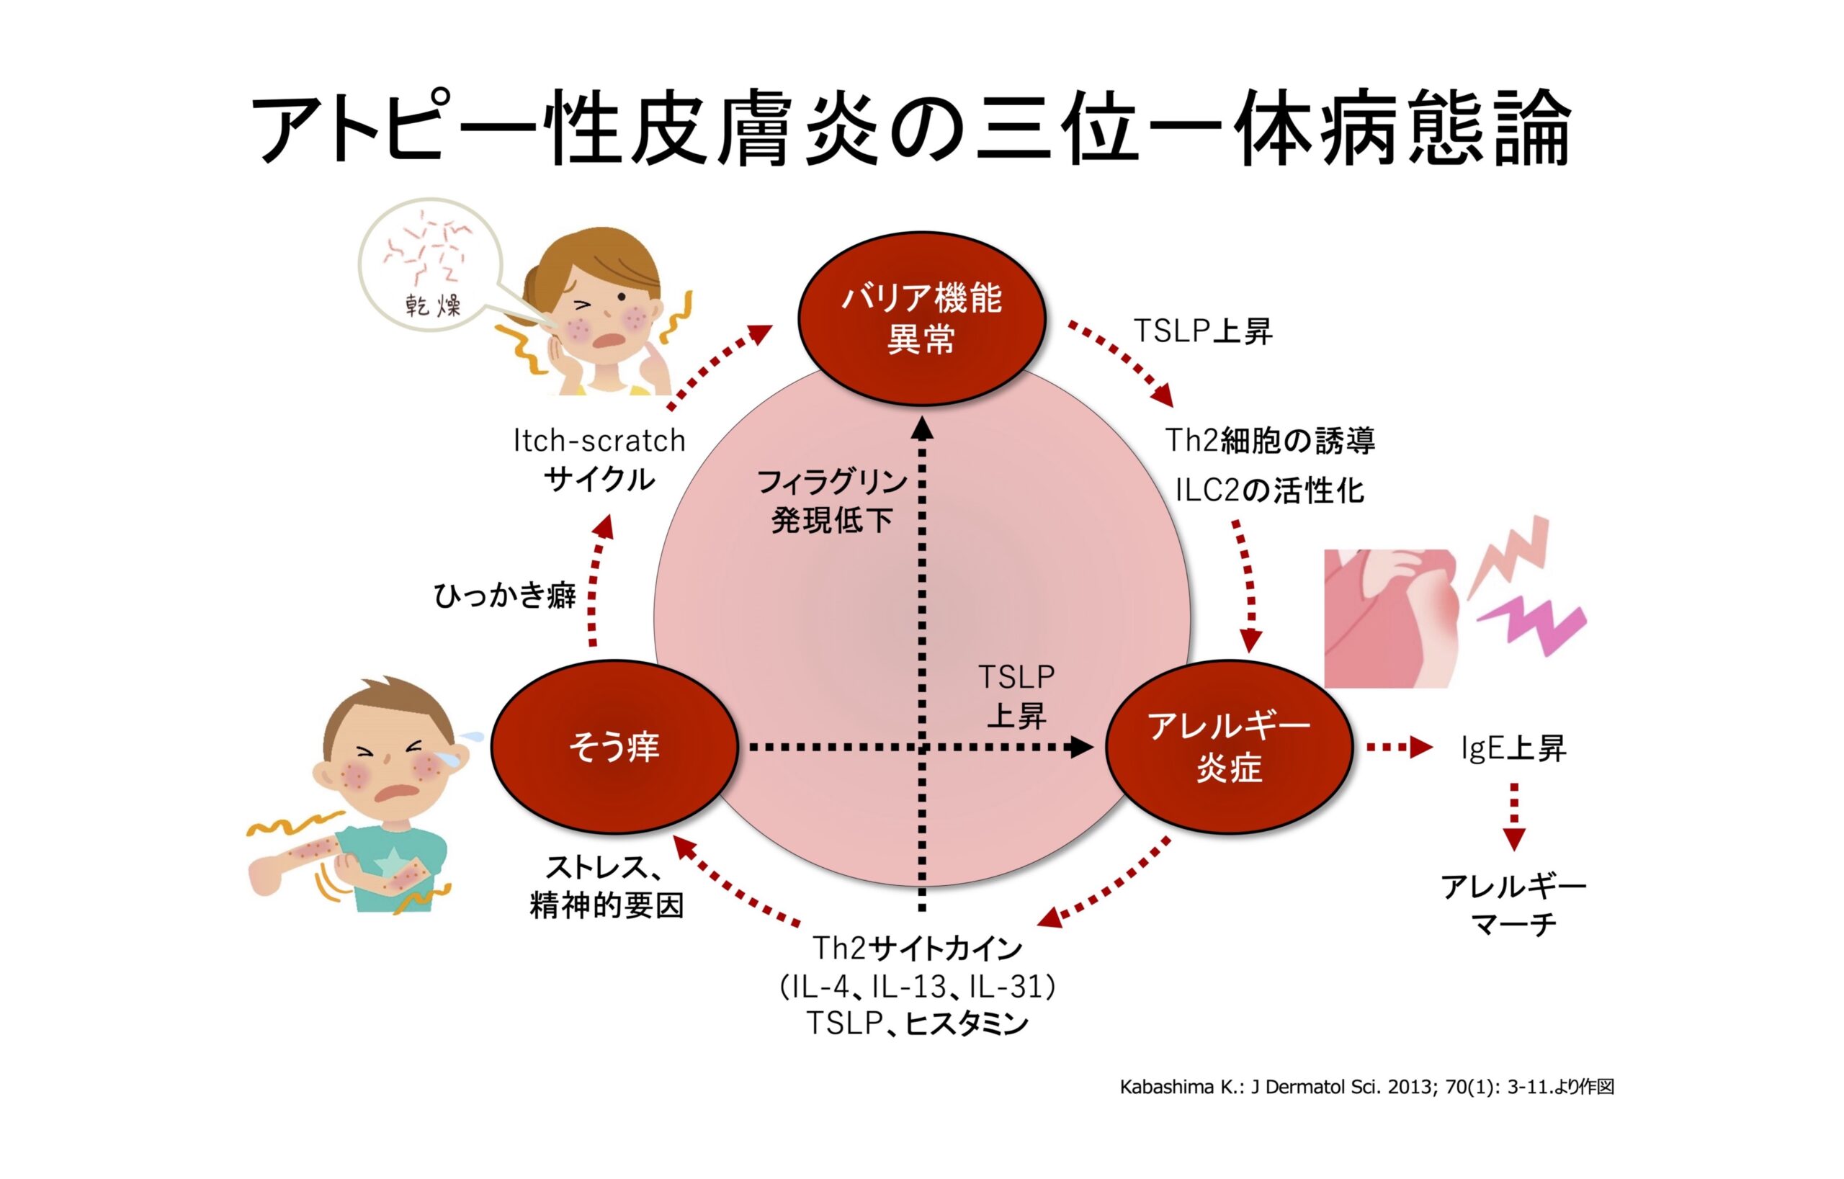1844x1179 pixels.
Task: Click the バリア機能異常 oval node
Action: (x=922, y=318)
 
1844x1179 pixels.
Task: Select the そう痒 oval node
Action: (x=614, y=746)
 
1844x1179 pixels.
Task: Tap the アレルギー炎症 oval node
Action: (x=1230, y=746)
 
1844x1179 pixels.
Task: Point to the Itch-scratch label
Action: (x=599, y=441)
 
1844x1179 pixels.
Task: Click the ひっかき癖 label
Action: (x=505, y=596)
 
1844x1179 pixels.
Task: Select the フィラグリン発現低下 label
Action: (x=832, y=501)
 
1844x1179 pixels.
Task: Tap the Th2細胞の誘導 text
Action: (x=1270, y=441)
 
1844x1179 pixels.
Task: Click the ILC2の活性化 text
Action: (x=1270, y=490)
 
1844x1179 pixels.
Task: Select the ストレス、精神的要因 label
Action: (x=606, y=887)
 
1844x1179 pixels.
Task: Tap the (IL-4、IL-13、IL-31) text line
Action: (x=918, y=987)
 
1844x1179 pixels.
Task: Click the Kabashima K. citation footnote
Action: (x=1366, y=1087)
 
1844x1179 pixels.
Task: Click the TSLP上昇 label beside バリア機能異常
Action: (x=1202, y=331)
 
